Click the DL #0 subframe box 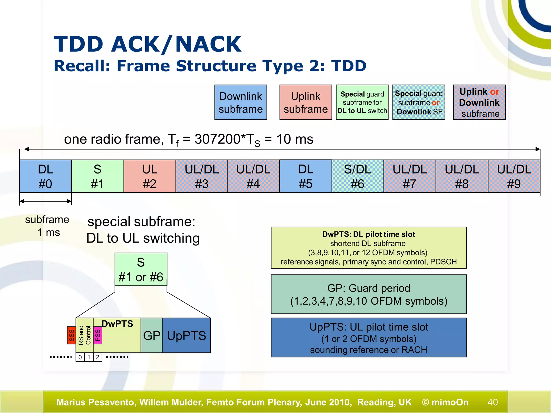45,176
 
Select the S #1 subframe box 97,176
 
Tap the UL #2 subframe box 150,176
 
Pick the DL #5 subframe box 306,176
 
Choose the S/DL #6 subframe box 358,176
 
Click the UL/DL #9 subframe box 514,176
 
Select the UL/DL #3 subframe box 202,176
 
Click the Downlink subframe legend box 241,102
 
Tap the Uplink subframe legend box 306,102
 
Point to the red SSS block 71,335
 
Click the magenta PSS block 98,335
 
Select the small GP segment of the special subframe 152,335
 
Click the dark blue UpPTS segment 186,335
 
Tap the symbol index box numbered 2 98,357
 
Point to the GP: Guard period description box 369,294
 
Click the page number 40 493,402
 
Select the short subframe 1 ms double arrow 45,201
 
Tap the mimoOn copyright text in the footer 445,402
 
